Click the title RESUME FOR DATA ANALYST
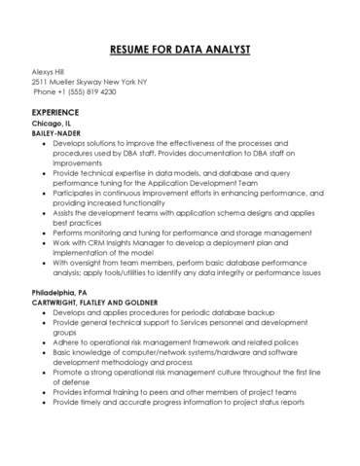coord(179,48)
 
